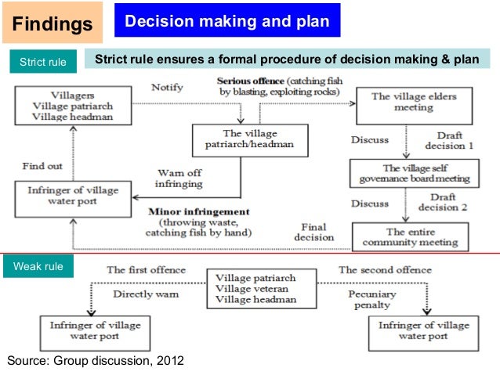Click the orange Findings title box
click(x=53, y=23)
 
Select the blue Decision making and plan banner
click(x=227, y=20)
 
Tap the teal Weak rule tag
click(x=38, y=267)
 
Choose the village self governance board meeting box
click(x=411, y=173)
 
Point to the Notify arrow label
click(x=168, y=87)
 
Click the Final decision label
click(x=314, y=233)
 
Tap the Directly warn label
click(x=146, y=294)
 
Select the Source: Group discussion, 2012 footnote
click(x=96, y=360)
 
